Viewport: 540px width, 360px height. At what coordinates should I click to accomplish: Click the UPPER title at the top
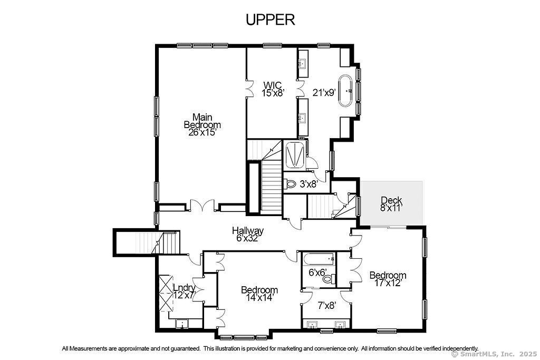pyautogui.click(x=271, y=20)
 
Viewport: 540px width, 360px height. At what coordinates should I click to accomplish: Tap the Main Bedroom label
pyautogui.click(x=202, y=124)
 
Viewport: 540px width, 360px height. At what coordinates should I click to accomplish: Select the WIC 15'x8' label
pyautogui.click(x=273, y=89)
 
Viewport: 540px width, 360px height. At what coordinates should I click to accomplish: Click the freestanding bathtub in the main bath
pyautogui.click(x=345, y=91)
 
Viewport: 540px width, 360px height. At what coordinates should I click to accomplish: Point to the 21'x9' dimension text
pyautogui.click(x=324, y=92)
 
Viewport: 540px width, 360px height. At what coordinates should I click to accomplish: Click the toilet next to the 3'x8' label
pyautogui.click(x=291, y=184)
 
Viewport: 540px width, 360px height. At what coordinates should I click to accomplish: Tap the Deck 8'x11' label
pyautogui.click(x=391, y=204)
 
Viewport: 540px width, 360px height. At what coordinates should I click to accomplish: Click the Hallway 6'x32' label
pyautogui.click(x=248, y=234)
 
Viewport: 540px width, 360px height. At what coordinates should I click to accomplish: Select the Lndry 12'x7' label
pyautogui.click(x=184, y=291)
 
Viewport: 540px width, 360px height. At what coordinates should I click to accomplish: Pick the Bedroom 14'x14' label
pyautogui.click(x=259, y=294)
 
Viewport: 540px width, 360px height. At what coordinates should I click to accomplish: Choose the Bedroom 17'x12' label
pyautogui.click(x=388, y=279)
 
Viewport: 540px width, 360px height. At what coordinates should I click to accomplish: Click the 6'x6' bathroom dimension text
pyautogui.click(x=317, y=273)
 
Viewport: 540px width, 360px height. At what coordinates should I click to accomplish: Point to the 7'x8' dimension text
pyautogui.click(x=326, y=305)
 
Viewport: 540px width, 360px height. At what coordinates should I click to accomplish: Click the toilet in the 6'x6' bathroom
pyautogui.click(x=330, y=279)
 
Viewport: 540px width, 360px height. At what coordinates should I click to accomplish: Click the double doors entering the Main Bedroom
pyautogui.click(x=202, y=205)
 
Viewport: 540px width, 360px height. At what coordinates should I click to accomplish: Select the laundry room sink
pyautogui.click(x=181, y=324)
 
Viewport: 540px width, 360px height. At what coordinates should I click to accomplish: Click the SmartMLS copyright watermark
pyautogui.click(x=494, y=354)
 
